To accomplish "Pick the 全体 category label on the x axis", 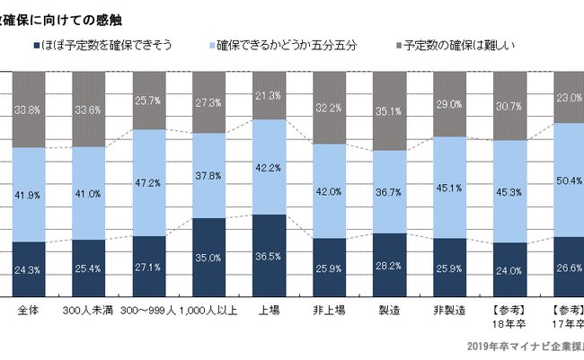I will (28, 311).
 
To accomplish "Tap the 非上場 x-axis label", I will (330, 311).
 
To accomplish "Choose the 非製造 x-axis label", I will (450, 311).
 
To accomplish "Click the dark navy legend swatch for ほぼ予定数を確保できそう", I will (35, 44).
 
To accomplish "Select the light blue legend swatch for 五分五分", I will (209, 44).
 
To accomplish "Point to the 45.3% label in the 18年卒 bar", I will (510, 190).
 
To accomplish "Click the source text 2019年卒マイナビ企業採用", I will (525, 346).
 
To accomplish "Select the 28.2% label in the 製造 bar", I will (390, 266).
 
